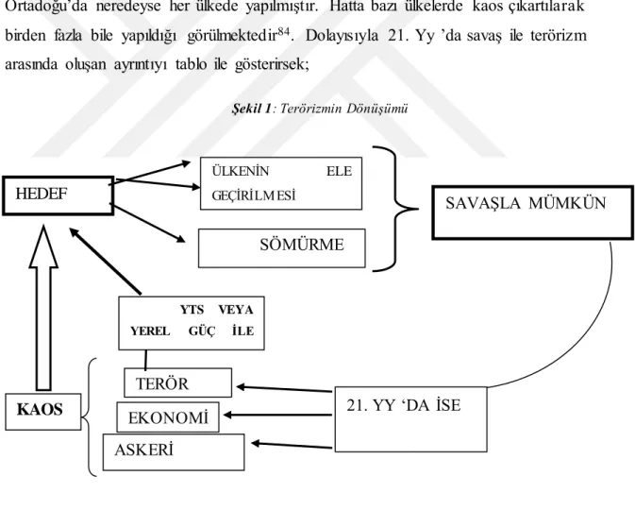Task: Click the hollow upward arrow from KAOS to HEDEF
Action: (x=43, y=308)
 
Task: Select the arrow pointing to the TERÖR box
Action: (x=284, y=389)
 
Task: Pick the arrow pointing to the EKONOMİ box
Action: (x=277, y=415)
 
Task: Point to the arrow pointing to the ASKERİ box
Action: (x=292, y=445)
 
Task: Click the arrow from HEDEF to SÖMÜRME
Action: (x=148, y=224)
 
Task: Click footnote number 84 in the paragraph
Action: (x=284, y=31)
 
